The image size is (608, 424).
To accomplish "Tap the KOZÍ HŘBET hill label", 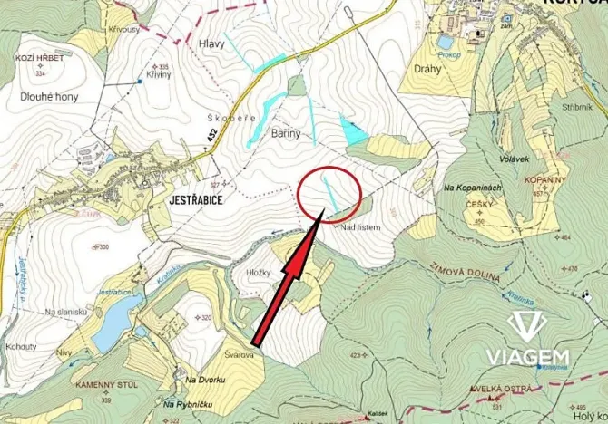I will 37,57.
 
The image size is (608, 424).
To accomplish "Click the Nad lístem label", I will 361,227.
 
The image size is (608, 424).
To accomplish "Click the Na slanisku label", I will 65,311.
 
